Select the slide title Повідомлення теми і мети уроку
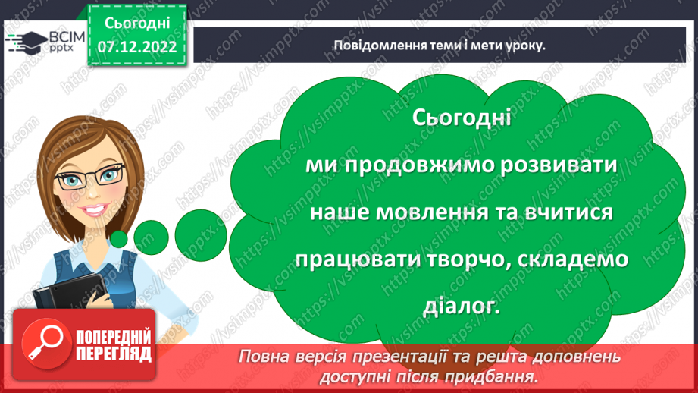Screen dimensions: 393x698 (x=440, y=45)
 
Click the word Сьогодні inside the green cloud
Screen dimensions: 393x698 (x=463, y=118)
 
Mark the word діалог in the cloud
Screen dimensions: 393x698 (x=468, y=307)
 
